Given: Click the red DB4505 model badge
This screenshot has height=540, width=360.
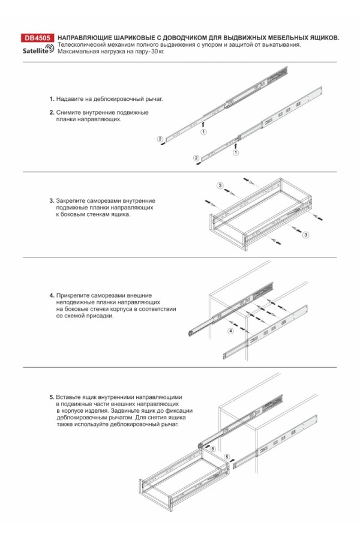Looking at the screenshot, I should coord(37,37).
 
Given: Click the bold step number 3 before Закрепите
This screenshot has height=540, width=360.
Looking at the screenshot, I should coord(51,200).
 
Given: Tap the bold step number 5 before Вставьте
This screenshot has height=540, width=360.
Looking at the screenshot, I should coord(51,397).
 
